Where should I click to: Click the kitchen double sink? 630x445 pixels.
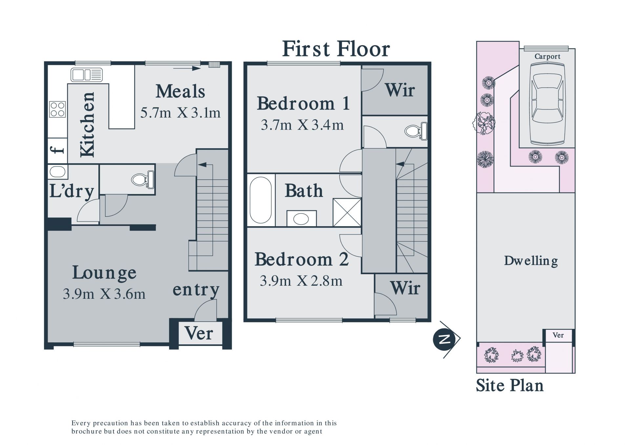(x=87, y=75)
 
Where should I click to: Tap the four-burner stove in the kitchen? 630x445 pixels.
(x=57, y=109)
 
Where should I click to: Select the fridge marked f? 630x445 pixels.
(x=57, y=150)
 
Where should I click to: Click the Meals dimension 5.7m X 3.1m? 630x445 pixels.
(x=180, y=113)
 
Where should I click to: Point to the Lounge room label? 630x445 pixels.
(x=104, y=273)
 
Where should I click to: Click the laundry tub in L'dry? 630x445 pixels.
(x=58, y=172)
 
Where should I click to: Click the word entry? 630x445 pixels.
(x=196, y=290)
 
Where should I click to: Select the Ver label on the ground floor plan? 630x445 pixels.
(x=199, y=333)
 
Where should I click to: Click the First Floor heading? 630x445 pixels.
(x=336, y=49)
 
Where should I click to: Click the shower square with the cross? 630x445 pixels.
(x=347, y=212)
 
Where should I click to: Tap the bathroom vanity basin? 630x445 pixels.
(x=301, y=218)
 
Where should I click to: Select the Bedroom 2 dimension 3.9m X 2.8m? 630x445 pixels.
(x=301, y=281)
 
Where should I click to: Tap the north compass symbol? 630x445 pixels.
(x=446, y=339)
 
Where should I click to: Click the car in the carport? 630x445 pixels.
(x=547, y=104)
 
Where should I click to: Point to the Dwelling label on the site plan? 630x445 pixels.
(x=531, y=261)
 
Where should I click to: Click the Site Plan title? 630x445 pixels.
(x=510, y=386)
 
